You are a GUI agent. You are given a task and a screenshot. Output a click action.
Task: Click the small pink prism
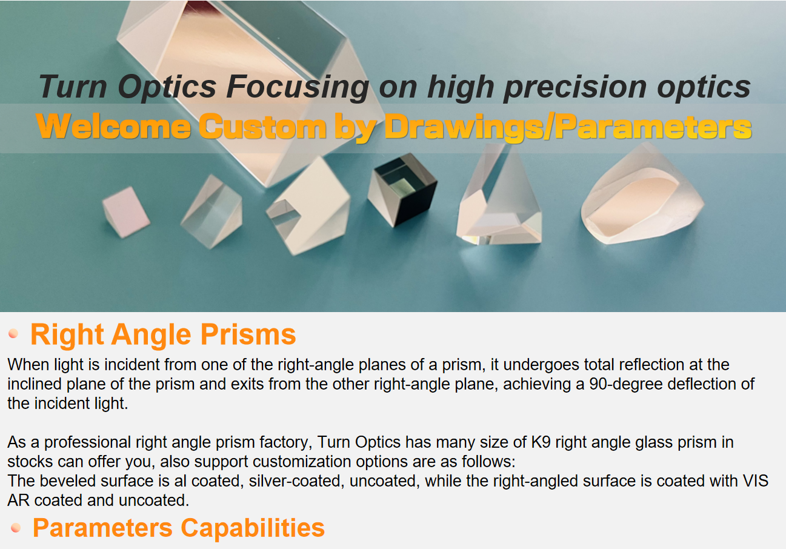[x=126, y=212]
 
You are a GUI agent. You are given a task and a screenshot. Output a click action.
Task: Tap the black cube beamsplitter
[x=402, y=190]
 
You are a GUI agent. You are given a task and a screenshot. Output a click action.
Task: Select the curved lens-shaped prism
[x=642, y=195]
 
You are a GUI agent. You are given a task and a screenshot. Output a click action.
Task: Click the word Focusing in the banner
[x=298, y=87]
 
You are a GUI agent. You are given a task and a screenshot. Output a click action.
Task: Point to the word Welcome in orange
[x=113, y=126]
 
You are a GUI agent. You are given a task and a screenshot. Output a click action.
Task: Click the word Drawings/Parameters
[x=568, y=127]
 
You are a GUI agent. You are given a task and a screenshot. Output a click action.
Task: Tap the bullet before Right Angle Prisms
[x=13, y=333]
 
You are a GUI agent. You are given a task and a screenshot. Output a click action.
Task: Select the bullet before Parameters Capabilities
[x=15, y=527]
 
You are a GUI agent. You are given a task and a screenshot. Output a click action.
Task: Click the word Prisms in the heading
[x=248, y=334]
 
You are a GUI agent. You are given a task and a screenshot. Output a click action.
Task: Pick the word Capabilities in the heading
[x=253, y=528]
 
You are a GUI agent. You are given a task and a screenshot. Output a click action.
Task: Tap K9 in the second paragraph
[x=541, y=442]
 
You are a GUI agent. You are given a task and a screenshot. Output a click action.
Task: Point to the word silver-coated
[x=295, y=481]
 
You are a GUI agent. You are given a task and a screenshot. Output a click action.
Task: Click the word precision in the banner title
[x=575, y=88]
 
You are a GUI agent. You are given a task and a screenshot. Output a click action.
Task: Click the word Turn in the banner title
[x=73, y=86]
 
